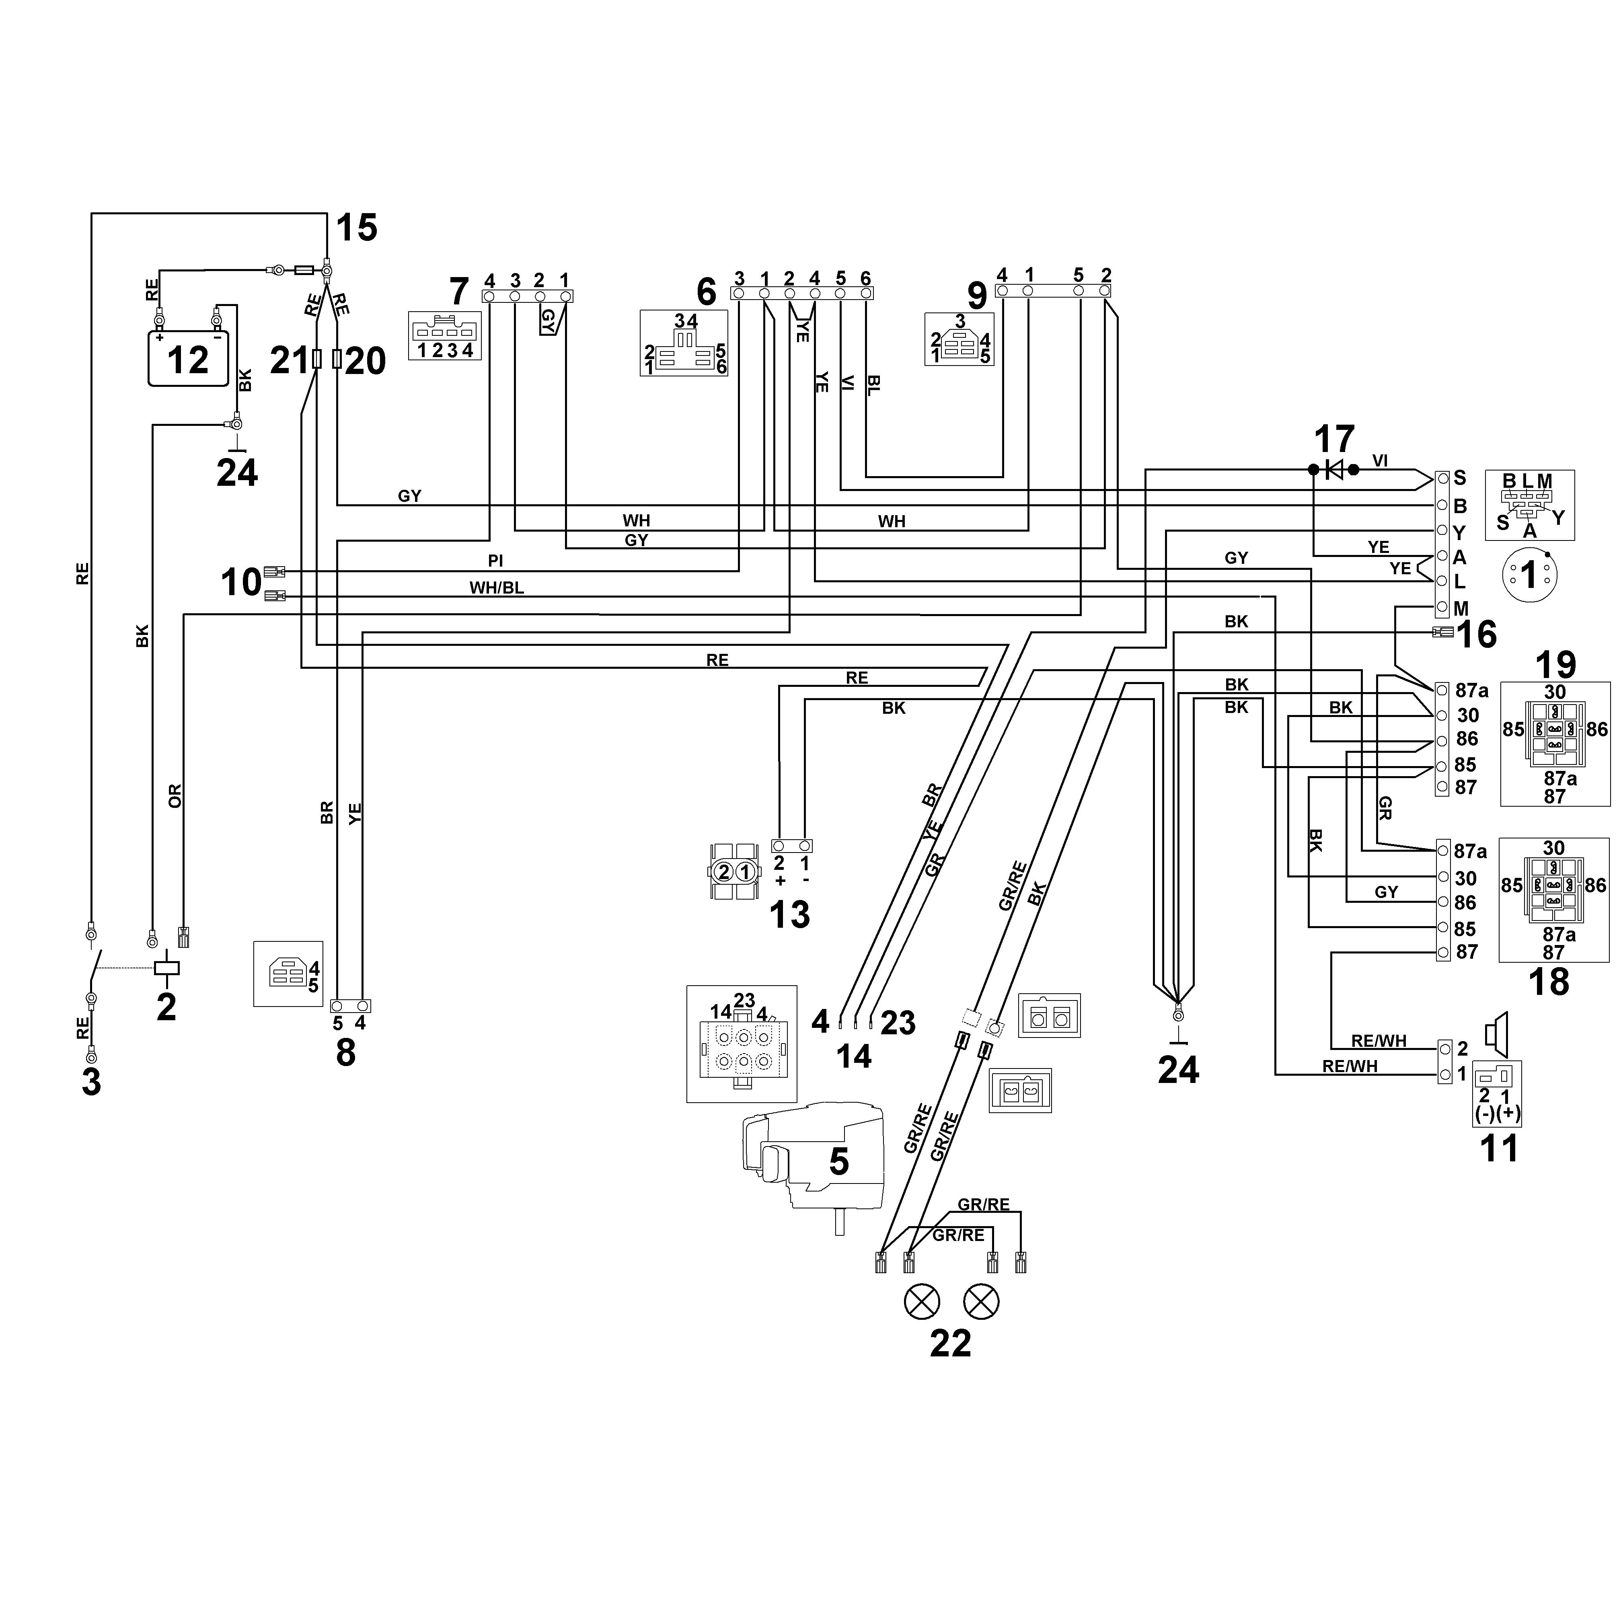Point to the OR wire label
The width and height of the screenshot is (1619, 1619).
coord(174,796)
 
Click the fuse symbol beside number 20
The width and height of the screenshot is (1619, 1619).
coord(337,360)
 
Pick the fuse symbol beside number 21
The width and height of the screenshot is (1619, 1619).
coord(316,360)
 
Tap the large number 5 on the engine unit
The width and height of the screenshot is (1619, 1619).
coord(839,1161)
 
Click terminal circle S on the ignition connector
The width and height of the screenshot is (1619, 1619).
coord(1442,479)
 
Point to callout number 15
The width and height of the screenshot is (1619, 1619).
coord(357,227)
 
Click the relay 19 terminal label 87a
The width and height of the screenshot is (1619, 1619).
coord(1471,690)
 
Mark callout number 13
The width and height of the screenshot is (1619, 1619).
coord(789,915)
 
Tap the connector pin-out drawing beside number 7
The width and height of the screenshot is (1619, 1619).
coord(445,336)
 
